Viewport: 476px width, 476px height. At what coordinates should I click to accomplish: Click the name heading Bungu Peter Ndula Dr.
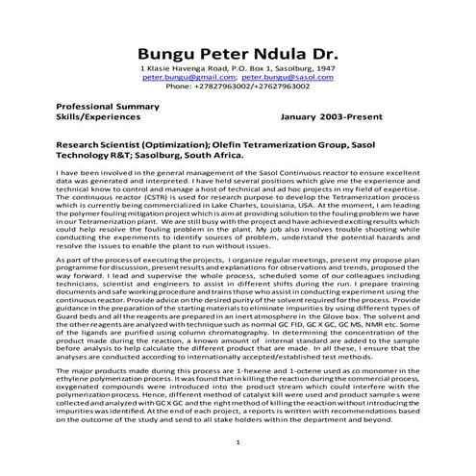(238, 52)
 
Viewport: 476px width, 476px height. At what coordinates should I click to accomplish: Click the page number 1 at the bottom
(238, 441)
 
